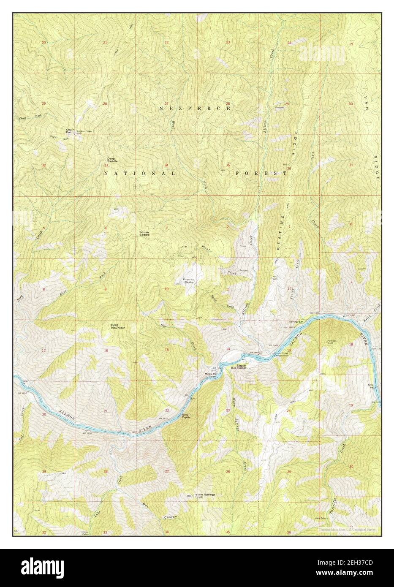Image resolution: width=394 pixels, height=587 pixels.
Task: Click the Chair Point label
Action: point(70,131)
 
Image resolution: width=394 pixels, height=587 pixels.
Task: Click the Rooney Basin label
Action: point(188,280)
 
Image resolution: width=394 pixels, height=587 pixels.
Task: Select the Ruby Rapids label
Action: point(186,416)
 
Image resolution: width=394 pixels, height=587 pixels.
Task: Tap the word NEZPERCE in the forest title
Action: point(195,109)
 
